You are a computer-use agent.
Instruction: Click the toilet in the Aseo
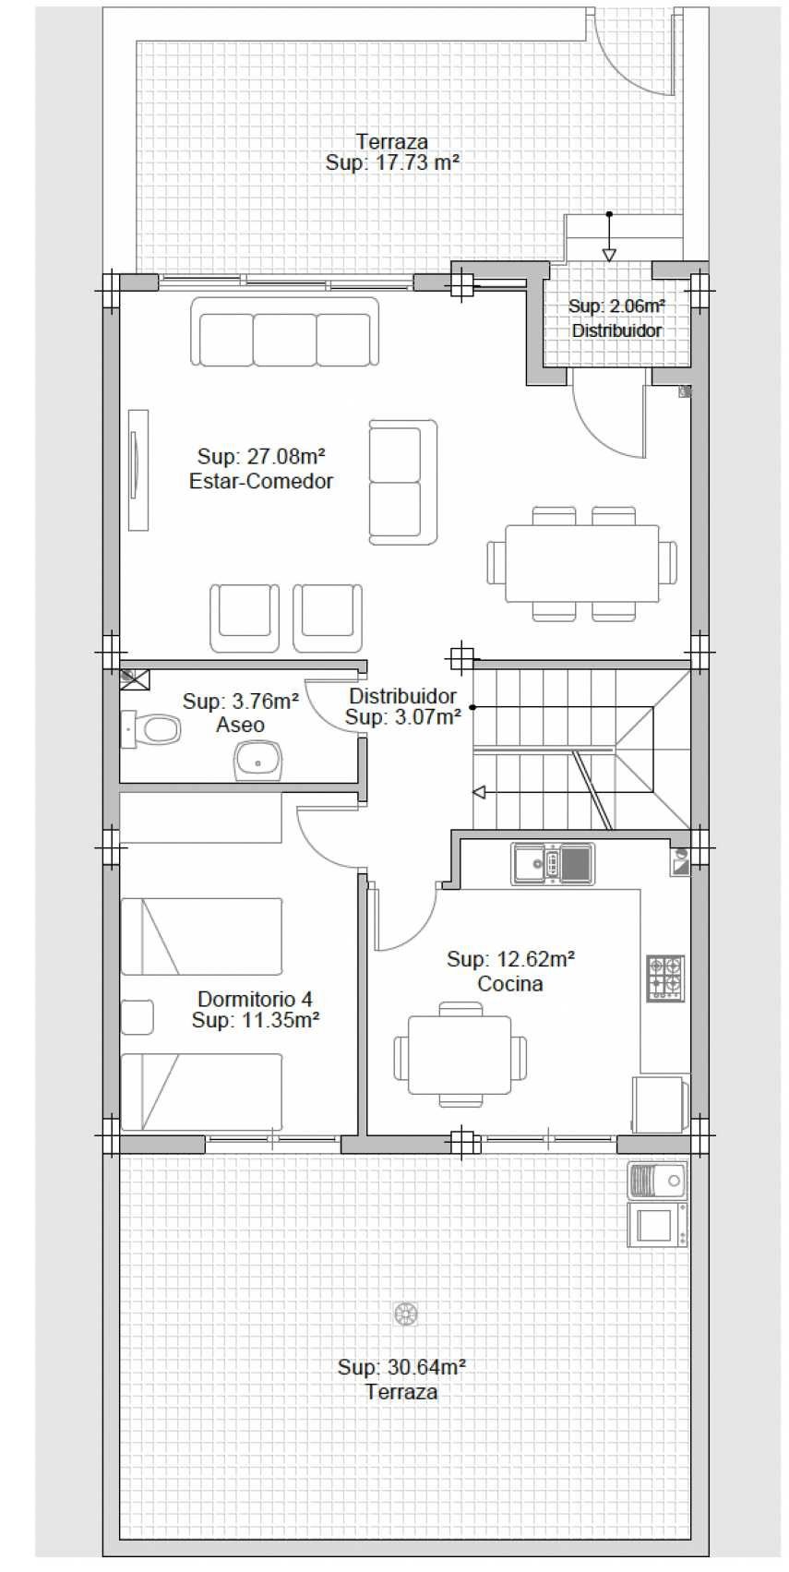[x=150, y=729]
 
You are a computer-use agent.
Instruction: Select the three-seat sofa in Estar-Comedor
[x=284, y=331]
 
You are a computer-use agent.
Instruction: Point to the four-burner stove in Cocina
[x=664, y=978]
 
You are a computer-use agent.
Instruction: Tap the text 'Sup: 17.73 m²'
[x=392, y=162]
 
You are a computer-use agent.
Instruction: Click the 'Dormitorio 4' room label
[x=256, y=998]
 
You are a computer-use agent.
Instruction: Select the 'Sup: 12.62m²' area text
[x=510, y=959]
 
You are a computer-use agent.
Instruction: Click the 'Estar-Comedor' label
[x=261, y=481]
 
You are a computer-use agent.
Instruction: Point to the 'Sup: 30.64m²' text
[x=401, y=1366]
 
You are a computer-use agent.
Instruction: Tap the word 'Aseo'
[x=240, y=725]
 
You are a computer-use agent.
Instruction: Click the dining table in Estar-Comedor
[x=582, y=563]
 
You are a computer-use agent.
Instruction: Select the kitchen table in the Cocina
[x=460, y=1054]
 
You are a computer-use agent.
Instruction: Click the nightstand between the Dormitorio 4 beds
[x=137, y=1017]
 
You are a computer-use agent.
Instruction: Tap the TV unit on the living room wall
[x=138, y=470]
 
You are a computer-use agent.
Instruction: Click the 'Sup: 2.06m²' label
[x=616, y=306]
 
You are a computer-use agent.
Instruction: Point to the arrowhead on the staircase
[x=480, y=792]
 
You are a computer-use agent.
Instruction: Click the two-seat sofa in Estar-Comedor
[x=403, y=482]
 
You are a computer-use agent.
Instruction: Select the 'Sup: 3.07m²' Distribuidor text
[x=403, y=717]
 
